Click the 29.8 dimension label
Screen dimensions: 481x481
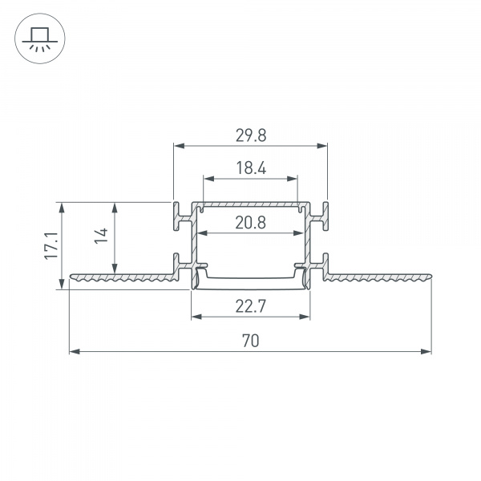click(251, 135)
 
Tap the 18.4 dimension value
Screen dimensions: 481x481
click(251, 168)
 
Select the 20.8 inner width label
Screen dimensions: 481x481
click(251, 223)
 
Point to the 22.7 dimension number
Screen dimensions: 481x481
click(251, 306)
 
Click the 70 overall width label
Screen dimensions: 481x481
click(251, 341)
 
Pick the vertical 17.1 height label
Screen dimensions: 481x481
click(51, 246)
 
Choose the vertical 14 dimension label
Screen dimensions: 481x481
click(101, 236)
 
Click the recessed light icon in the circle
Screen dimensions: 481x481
click(40, 38)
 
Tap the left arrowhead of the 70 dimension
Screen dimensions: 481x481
click(75, 352)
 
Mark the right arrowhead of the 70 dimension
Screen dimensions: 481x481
click(426, 352)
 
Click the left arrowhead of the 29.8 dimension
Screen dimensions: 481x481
click(179, 146)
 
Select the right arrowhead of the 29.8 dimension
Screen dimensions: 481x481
click(322, 146)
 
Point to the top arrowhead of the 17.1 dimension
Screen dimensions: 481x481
click(62, 208)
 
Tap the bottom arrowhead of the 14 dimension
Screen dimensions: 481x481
click(115, 268)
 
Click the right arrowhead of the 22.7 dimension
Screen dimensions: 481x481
click(305, 317)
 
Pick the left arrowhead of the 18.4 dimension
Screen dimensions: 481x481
click(208, 179)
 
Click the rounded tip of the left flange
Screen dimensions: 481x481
click(71, 277)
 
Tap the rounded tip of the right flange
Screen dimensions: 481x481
click(430, 276)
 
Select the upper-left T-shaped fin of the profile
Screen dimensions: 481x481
click(182, 216)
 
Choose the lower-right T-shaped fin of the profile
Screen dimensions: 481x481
click(319, 267)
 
